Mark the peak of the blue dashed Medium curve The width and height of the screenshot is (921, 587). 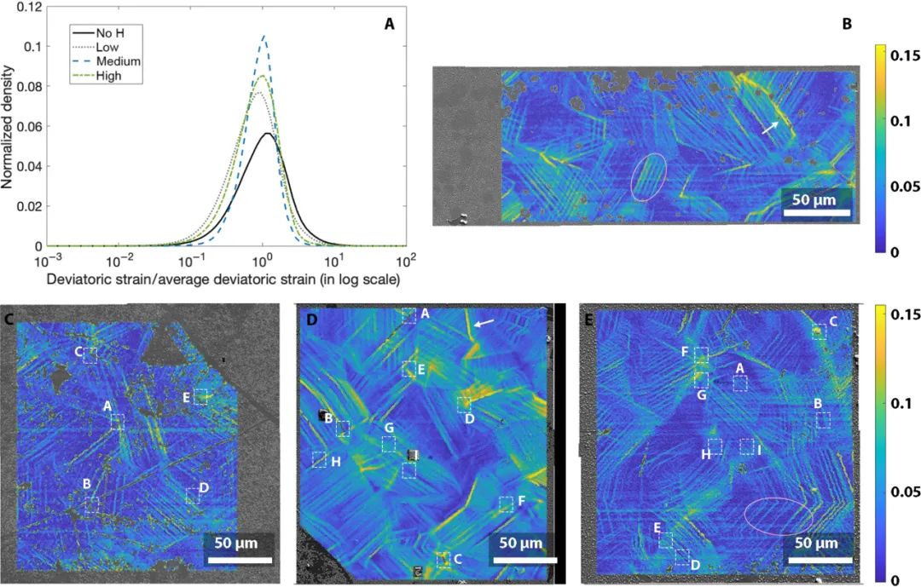point(264,36)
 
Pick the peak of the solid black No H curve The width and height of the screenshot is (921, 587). point(267,133)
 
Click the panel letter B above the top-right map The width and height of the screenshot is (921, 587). point(847,24)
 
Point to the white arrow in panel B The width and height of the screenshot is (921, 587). point(769,127)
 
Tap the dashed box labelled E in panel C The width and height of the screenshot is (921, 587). point(200,396)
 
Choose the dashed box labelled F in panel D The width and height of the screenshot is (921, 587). point(507,504)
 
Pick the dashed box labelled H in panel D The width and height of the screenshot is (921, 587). point(319,460)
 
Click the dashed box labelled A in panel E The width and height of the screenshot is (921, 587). point(740,383)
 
